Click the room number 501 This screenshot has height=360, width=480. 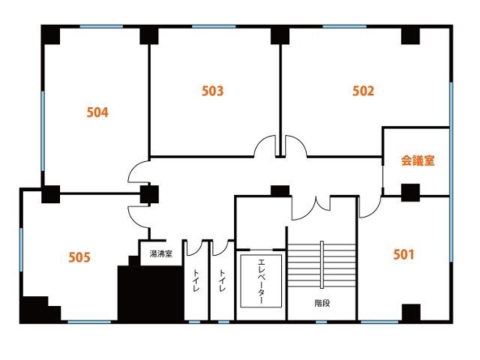[403, 254]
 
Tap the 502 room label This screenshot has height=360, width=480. [363, 91]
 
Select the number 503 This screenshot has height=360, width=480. [212, 91]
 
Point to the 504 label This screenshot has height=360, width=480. [97, 112]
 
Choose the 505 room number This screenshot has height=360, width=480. [79, 257]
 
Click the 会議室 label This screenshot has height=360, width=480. [418, 160]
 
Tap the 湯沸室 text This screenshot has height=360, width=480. [160, 253]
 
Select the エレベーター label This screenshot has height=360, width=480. [261, 281]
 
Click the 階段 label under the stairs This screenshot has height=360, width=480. [322, 303]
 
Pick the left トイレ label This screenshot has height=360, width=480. [196, 280]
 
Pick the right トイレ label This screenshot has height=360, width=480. [222, 280]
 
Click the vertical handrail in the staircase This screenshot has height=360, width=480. [322, 265]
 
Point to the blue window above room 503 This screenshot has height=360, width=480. [214, 27]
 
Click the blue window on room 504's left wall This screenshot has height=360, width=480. [43, 131]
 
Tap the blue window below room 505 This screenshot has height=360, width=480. [89, 322]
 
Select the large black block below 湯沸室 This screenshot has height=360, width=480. [151, 293]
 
